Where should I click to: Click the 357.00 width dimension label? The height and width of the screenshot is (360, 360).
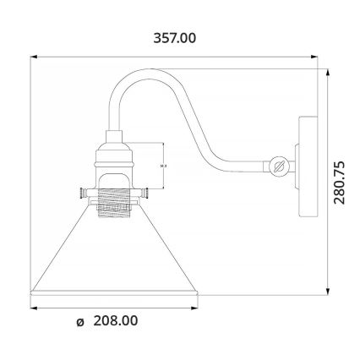[174, 38]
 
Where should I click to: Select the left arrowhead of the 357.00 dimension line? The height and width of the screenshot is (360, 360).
[35, 57]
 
